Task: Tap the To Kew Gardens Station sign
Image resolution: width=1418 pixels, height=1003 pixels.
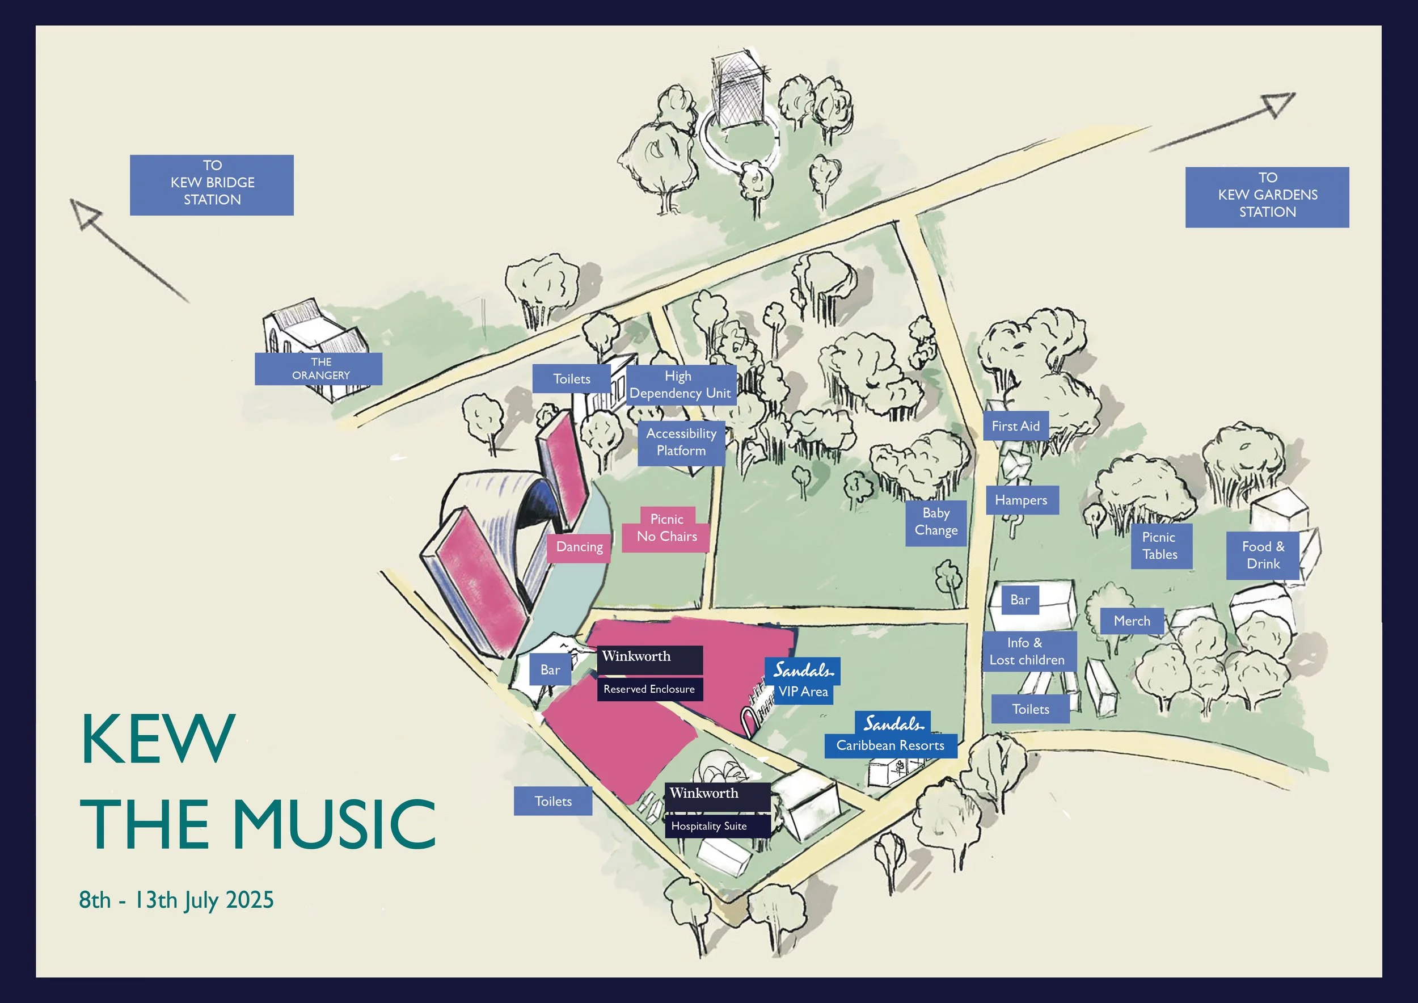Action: point(1267,197)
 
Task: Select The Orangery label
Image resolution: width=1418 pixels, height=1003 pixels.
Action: point(319,369)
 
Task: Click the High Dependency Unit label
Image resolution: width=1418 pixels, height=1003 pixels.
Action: point(681,385)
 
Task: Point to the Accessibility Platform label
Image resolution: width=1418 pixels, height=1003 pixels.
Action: point(681,442)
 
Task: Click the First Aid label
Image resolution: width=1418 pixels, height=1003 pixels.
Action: point(1015,426)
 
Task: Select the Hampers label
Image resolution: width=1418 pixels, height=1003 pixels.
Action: point(1021,500)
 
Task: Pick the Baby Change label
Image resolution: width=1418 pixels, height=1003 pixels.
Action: point(936,522)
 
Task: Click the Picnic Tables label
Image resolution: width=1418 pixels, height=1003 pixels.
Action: point(1160,546)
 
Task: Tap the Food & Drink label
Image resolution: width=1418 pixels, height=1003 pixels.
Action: point(1263,555)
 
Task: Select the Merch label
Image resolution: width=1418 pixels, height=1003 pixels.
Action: point(1132,621)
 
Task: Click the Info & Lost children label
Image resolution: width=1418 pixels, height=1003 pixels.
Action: point(1027,652)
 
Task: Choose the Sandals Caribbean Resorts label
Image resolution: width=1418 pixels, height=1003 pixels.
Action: point(890,737)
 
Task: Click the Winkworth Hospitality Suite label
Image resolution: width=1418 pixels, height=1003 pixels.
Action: point(716,810)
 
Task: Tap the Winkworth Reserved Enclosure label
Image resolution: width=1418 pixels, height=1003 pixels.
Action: point(649,673)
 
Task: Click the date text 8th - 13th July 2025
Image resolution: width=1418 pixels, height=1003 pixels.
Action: point(176,900)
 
